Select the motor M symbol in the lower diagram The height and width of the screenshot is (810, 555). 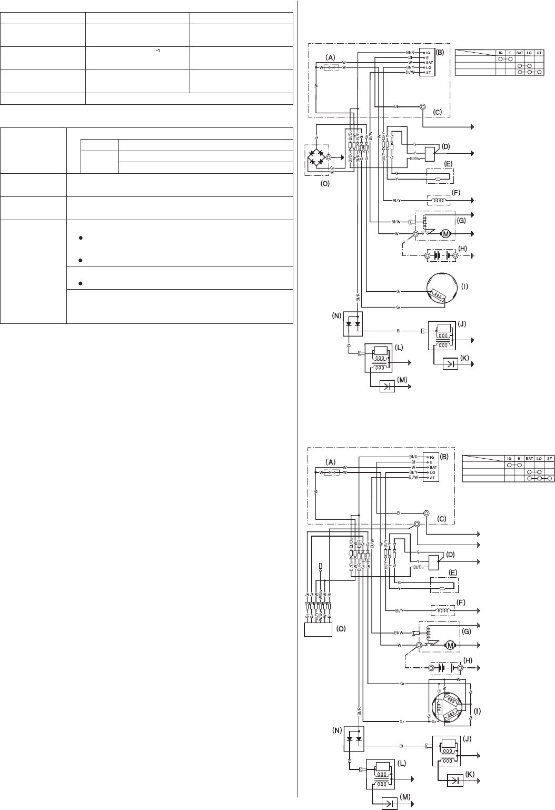tap(450, 645)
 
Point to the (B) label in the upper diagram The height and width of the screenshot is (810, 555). tap(440, 52)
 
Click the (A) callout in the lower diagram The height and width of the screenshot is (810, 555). tap(330, 462)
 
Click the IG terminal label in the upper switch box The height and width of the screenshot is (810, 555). tap(428, 53)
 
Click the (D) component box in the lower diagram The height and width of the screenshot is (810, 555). tap(434, 562)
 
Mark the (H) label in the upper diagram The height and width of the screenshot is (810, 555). tap(463, 249)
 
